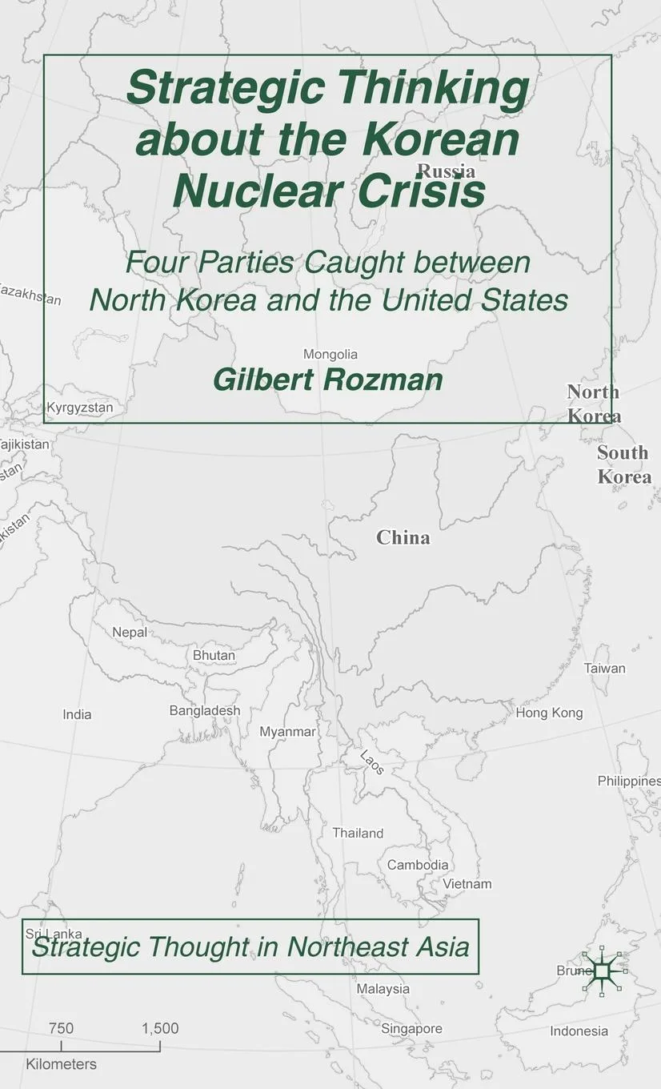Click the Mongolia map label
coord(330,354)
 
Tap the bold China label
coord(403,537)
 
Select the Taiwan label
coord(604,668)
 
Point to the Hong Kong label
coord(549,713)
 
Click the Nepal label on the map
coord(130,632)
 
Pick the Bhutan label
coord(214,655)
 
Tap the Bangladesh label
coord(204,710)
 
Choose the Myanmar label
coord(287,732)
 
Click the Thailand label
coord(358,833)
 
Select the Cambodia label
coord(418,865)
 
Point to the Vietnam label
coord(467,884)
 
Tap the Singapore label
coord(411,1028)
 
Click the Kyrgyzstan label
coord(80,408)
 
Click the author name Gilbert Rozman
coord(328,380)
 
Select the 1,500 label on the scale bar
coord(160,1028)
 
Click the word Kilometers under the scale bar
coord(61,1064)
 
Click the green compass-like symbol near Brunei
coord(603,970)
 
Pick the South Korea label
coord(624,464)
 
